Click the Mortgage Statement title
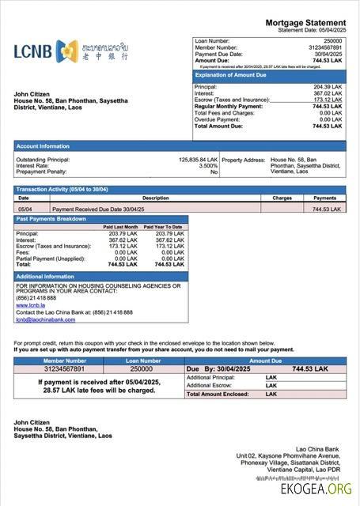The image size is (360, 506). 305,22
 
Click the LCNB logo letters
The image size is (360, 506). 32,51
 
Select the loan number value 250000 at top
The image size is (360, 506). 333,40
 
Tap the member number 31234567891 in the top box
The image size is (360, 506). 324,47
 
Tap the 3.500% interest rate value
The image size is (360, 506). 208,165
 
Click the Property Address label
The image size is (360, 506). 243,159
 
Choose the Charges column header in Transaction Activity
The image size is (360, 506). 282,198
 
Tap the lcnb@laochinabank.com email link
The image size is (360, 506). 45,319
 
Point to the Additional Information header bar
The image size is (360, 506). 100,276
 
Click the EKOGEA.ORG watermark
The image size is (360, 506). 315,489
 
